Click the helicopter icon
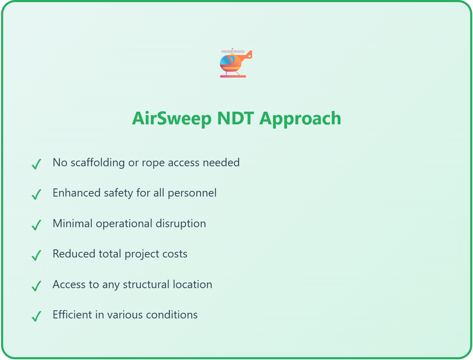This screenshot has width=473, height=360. [x=236, y=63]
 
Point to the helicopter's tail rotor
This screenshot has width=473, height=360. [x=250, y=56]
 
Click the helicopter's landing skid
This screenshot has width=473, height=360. [x=233, y=76]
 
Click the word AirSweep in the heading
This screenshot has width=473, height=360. [x=172, y=118]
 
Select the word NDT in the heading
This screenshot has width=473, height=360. [x=236, y=118]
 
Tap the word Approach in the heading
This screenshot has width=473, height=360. [x=300, y=119]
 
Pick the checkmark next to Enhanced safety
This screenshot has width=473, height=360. [x=36, y=194]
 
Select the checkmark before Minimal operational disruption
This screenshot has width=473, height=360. [x=36, y=225]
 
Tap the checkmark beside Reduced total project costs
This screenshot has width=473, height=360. [x=36, y=255]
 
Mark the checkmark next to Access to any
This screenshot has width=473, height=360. [x=36, y=286]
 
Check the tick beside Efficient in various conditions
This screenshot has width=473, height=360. [x=36, y=316]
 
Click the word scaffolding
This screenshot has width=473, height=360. [x=98, y=163]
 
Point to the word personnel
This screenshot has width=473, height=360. [x=192, y=193]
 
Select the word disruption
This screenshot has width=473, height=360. [x=181, y=223]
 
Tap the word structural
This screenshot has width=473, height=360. [x=146, y=284]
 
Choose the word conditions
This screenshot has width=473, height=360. [x=172, y=315]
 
